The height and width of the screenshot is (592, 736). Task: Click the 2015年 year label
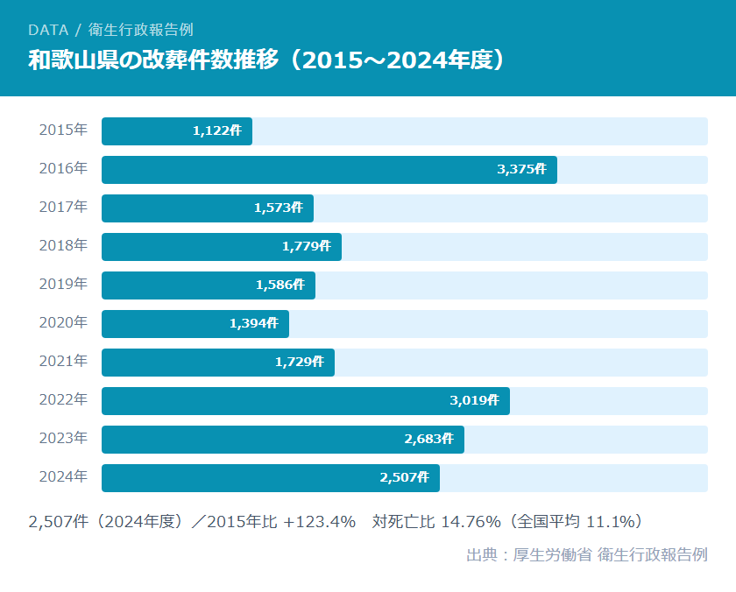63,130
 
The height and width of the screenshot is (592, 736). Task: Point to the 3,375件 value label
521,170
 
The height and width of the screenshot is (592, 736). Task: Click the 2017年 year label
63,208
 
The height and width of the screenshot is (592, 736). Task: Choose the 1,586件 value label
280,285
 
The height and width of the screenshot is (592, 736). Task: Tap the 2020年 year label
63,323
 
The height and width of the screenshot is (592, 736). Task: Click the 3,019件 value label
474,400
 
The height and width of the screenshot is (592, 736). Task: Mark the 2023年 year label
63,439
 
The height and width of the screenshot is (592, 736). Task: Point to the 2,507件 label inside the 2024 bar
404,477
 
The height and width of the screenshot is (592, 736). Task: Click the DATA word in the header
48,30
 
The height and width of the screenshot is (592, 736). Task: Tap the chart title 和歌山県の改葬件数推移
153,60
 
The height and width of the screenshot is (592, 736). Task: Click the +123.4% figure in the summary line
320,522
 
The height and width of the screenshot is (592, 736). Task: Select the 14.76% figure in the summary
471,522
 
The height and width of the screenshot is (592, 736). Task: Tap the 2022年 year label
63,400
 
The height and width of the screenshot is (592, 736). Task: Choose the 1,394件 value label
253,324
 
